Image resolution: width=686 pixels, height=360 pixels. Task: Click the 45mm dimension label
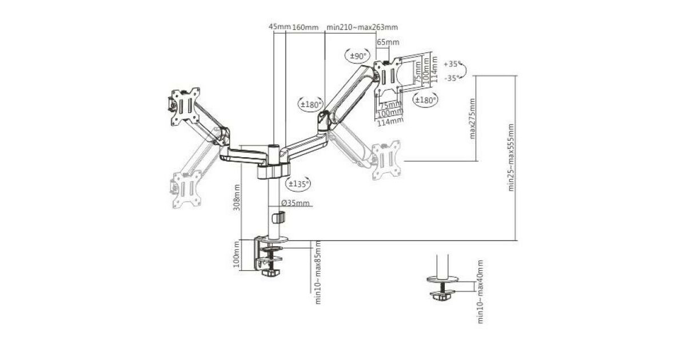pyautogui.click(x=280, y=27)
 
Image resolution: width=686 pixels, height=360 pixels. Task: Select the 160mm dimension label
pyautogui.click(x=305, y=27)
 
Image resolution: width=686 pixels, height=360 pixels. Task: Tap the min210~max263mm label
pyautogui.click(x=362, y=27)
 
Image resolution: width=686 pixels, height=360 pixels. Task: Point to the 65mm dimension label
pyautogui.click(x=388, y=42)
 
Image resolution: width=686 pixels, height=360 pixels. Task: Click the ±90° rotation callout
pyautogui.click(x=358, y=56)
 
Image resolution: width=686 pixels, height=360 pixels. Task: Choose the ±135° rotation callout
pyautogui.click(x=298, y=183)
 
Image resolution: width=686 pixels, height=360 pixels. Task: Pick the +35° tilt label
pyautogui.click(x=451, y=64)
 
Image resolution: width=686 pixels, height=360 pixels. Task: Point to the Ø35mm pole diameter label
pyautogui.click(x=296, y=203)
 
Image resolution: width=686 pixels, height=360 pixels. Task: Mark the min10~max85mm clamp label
pyautogui.click(x=318, y=272)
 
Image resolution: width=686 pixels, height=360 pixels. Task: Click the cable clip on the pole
pyautogui.click(x=278, y=217)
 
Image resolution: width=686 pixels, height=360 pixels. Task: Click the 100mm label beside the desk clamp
pyautogui.click(x=237, y=255)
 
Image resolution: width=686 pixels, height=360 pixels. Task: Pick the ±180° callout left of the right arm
pyautogui.click(x=311, y=104)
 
